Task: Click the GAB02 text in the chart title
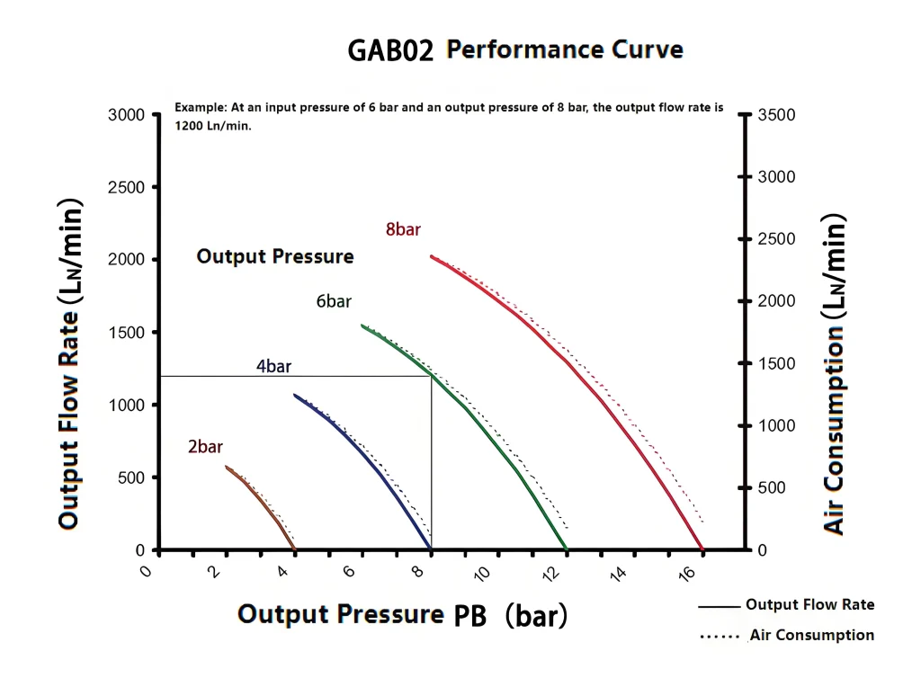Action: coord(390,50)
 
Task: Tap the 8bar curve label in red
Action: coord(403,229)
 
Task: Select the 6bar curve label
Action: coord(334,301)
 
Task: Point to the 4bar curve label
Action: coord(273,367)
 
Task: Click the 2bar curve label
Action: coord(205,446)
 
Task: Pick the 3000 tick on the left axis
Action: coord(127,115)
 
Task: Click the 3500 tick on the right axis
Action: coord(777,115)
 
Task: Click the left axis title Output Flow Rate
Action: coord(70,363)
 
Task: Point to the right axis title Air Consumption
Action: coord(835,374)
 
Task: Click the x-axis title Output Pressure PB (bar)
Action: coord(402,616)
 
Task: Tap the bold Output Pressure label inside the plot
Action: coord(275,256)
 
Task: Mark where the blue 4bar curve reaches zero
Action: coord(431,549)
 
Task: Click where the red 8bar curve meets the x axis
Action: coord(702,549)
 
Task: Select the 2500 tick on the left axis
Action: coord(127,187)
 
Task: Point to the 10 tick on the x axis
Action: coord(482,574)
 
